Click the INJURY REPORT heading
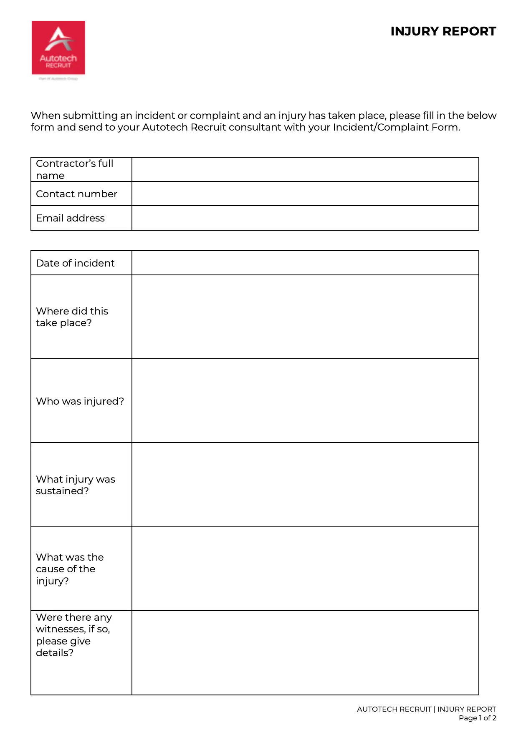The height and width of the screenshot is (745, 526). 443,32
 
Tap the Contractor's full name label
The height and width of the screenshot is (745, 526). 74,169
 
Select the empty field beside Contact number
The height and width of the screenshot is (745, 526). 305,194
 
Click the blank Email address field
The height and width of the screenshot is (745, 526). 305,218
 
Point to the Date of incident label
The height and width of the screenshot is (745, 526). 75,263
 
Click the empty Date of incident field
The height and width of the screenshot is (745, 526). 305,263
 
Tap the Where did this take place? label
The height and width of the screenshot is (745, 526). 72,317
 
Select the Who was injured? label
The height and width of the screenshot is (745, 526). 80,401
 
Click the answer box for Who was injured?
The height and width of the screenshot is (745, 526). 305,401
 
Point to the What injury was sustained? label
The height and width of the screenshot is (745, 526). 75,485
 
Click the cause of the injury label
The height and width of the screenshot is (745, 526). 69,569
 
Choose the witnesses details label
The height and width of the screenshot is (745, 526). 73,635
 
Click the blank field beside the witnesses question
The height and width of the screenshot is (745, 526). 305,653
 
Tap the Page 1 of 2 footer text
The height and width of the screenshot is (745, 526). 477,718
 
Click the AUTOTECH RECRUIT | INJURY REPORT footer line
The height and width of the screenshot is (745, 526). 426,709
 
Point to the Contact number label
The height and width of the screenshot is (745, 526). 76,194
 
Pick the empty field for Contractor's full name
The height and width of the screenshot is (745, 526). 305,169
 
